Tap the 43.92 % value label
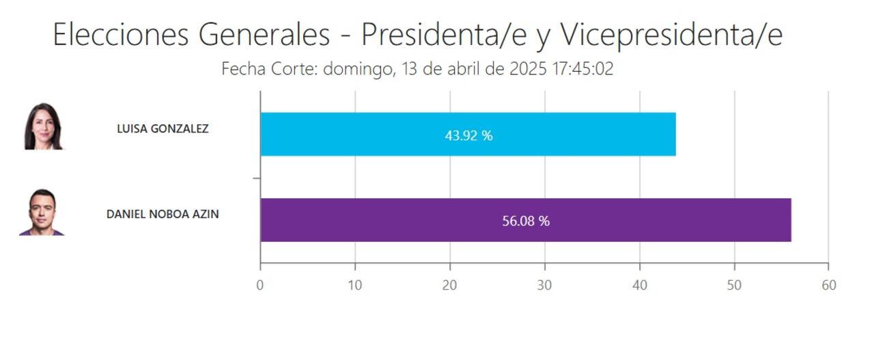pos(468,135)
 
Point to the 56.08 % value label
pos(526,221)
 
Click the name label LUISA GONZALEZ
pos(163,128)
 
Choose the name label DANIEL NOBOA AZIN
pos(163,214)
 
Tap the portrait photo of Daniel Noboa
pos(42,212)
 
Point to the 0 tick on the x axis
pos(260,286)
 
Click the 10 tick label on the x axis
pos(354,286)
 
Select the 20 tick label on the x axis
pos(449,286)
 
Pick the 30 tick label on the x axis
pos(544,286)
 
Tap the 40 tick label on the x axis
pos(639,286)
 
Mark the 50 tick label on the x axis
pos(734,286)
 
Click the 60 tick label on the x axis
pos(828,286)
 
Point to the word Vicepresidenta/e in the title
pos(671,36)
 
